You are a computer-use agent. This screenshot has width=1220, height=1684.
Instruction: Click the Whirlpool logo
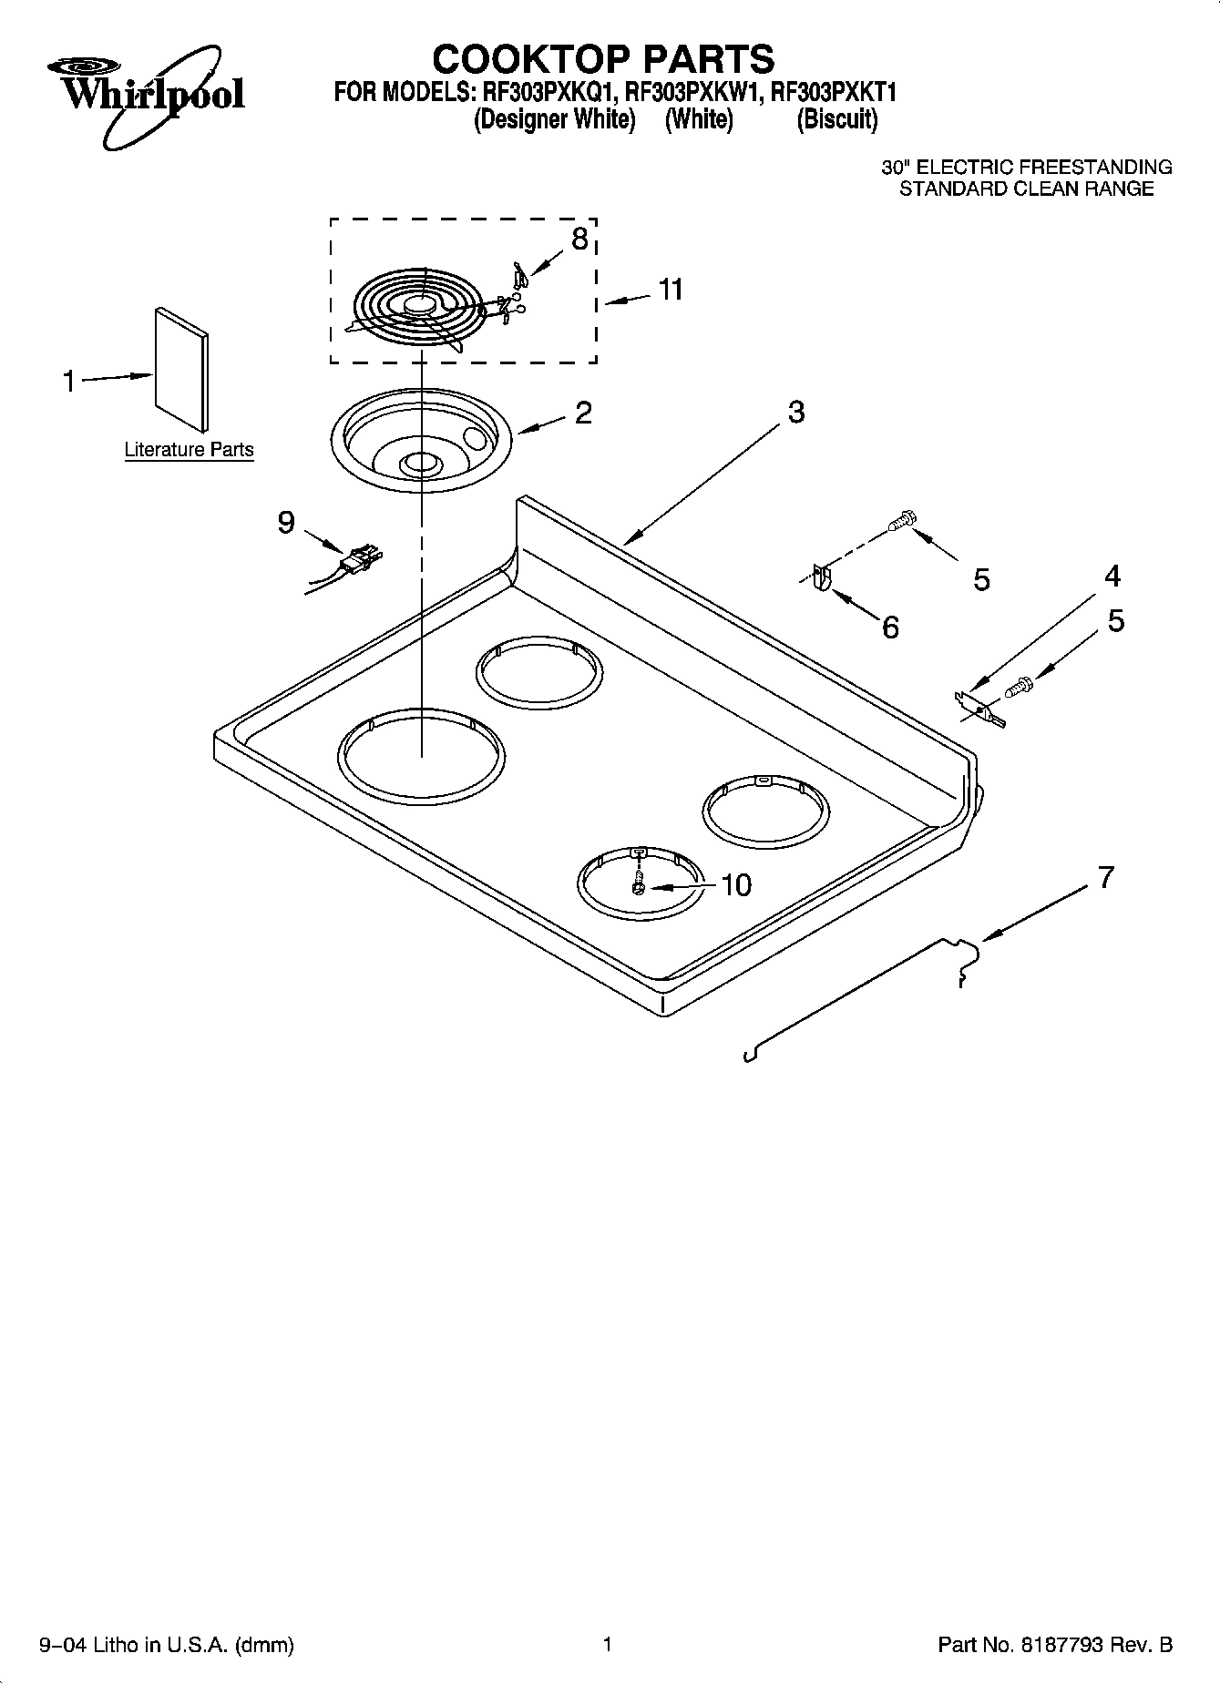[144, 94]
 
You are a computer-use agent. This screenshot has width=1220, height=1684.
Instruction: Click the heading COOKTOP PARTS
[602, 59]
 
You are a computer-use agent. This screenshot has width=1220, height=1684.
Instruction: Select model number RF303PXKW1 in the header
[694, 92]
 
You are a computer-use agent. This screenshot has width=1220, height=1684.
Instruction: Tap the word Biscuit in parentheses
[836, 119]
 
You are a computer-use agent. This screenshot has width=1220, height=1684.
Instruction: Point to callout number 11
[671, 290]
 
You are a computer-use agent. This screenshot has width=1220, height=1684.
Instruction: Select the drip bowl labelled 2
[422, 442]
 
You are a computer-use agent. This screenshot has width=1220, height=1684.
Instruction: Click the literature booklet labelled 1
[180, 368]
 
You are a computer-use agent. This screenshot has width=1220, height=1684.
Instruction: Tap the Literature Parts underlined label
[189, 450]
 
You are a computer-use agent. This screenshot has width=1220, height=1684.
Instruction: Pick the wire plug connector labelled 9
[360, 558]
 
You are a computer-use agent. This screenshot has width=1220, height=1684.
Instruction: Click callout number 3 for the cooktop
[795, 412]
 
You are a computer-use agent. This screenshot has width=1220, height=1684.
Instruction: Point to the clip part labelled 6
[821, 579]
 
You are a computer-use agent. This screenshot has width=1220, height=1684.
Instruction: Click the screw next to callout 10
[639, 883]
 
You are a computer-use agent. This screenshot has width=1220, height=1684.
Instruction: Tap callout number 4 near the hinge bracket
[1112, 576]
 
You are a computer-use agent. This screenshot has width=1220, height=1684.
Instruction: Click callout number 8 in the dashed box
[579, 239]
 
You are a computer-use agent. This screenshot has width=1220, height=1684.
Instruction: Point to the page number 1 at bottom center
[607, 1644]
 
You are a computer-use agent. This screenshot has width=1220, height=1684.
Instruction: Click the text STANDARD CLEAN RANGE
[1026, 189]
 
